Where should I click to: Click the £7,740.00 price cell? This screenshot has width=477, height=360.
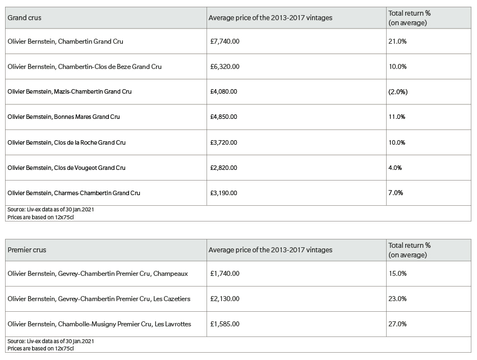[225, 41]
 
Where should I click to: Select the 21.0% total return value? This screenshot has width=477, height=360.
[397, 41]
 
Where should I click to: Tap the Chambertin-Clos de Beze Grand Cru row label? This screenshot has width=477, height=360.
[85, 67]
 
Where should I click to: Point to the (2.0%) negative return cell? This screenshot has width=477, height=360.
[398, 91]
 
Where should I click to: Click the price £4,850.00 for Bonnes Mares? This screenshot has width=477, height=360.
[223, 117]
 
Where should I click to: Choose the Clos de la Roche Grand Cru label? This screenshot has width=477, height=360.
[67, 142]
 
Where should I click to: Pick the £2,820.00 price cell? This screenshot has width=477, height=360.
[223, 168]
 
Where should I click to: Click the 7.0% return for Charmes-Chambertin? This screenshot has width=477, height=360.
[396, 192]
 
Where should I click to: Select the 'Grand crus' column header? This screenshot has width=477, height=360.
[24, 17]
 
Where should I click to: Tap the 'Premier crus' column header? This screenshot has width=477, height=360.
[27, 250]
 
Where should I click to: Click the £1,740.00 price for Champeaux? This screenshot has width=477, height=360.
[225, 273]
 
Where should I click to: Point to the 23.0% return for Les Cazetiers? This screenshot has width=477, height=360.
[397, 298]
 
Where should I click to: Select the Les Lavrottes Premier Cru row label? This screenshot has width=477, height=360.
[99, 324]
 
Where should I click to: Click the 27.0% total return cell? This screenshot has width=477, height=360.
[397, 324]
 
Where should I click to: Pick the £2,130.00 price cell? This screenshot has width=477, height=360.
[225, 298]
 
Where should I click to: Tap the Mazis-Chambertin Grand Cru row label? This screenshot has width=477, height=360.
[70, 91]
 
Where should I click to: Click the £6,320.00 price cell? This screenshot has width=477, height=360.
[225, 67]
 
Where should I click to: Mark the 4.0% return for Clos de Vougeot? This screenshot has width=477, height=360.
[395, 168]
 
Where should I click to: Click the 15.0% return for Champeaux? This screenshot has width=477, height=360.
[397, 273]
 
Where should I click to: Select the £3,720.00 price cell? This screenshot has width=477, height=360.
[223, 142]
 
